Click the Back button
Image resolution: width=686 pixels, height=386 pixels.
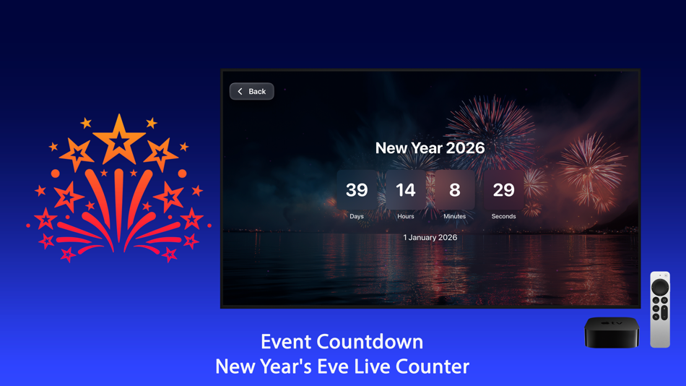point(251,92)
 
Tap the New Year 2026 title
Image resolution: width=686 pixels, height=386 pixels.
point(430,148)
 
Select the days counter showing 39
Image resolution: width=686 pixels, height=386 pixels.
point(357,190)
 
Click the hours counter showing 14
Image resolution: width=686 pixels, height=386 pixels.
point(406,190)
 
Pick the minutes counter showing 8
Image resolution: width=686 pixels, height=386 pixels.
point(454,190)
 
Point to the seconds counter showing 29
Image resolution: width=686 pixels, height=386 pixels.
point(503,190)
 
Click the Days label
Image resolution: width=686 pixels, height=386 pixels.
point(357,216)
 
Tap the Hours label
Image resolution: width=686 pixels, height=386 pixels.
point(406,216)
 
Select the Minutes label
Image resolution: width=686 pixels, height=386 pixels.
point(454,216)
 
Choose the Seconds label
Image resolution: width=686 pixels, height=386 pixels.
point(503,216)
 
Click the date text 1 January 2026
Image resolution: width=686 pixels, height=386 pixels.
point(430,237)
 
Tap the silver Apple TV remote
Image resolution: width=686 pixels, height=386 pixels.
point(660,309)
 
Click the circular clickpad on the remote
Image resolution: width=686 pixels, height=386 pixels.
point(660,288)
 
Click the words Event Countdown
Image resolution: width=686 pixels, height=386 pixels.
point(342,341)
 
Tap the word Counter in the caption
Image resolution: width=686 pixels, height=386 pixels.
point(438,366)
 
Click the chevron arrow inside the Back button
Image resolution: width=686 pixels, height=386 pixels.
point(240,92)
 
